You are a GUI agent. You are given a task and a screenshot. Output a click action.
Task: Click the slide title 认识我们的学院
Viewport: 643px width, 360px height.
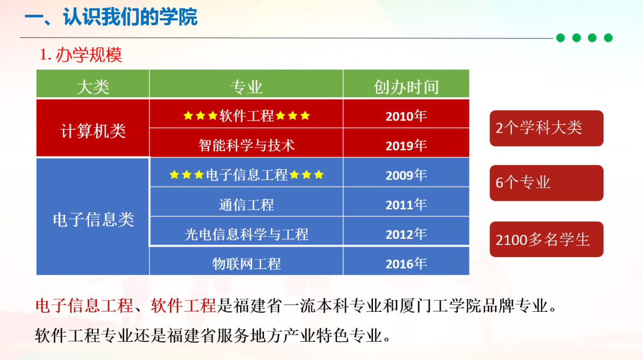(x=130, y=17)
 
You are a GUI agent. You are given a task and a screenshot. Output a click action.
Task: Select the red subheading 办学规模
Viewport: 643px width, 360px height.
(x=89, y=55)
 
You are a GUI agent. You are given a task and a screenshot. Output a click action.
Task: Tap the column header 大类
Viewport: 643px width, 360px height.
(x=93, y=84)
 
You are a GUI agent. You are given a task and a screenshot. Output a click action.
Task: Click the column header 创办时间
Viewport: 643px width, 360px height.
(x=406, y=84)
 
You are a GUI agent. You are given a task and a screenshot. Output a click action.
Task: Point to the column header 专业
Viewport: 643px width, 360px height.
(x=246, y=84)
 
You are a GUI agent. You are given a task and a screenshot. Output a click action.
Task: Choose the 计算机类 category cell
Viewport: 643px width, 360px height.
(x=93, y=128)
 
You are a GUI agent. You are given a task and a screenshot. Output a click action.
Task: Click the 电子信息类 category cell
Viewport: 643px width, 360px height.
(x=93, y=217)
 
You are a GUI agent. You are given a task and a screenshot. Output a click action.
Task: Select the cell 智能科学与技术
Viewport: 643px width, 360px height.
(x=246, y=143)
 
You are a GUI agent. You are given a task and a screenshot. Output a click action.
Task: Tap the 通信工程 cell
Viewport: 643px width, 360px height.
(x=246, y=202)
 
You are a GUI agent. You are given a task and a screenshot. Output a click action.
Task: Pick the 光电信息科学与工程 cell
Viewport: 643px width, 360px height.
(x=246, y=231)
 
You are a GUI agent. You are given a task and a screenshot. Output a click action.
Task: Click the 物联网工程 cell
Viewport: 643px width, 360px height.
(x=246, y=261)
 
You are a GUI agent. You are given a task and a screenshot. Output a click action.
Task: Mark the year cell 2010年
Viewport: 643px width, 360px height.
(x=406, y=114)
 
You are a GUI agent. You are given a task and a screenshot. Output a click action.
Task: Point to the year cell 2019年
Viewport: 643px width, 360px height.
(x=406, y=143)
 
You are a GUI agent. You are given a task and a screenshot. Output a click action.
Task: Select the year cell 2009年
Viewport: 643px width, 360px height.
(x=406, y=172)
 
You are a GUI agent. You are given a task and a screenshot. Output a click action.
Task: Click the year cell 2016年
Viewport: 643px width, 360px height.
(x=406, y=261)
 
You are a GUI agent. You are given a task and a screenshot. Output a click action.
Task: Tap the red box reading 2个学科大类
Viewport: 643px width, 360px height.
(x=546, y=128)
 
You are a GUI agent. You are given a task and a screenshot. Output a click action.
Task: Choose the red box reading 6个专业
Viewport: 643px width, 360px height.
(x=546, y=183)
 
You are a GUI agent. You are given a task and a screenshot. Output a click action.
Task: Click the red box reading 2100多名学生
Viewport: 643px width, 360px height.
(x=546, y=239)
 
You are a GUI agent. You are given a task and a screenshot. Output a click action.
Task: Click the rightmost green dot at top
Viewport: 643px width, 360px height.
(x=608, y=38)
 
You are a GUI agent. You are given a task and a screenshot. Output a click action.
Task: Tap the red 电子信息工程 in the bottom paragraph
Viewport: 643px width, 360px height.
(x=85, y=305)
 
